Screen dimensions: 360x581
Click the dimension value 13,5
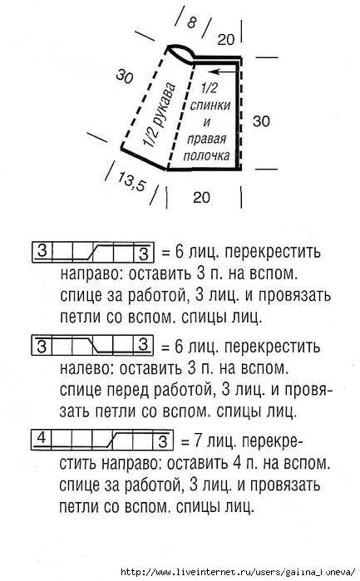coord(131,181)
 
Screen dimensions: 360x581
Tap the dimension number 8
coord(192,22)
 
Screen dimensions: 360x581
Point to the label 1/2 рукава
coord(160,115)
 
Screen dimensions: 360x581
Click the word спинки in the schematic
coord(210,106)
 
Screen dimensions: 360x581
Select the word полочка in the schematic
coord(206,155)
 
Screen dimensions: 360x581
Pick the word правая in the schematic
coord(206,140)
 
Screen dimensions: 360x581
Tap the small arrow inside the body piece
coord(223,71)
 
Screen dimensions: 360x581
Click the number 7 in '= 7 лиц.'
coord(198,441)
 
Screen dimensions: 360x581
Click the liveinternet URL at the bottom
coord(238,571)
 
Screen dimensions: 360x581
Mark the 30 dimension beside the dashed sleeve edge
coord(125,76)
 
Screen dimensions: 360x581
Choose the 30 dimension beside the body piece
coord(261,121)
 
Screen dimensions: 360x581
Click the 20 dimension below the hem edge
coord(201,197)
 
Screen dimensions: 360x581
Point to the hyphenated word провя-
coord(304,390)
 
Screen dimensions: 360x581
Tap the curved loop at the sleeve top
coord(180,52)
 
